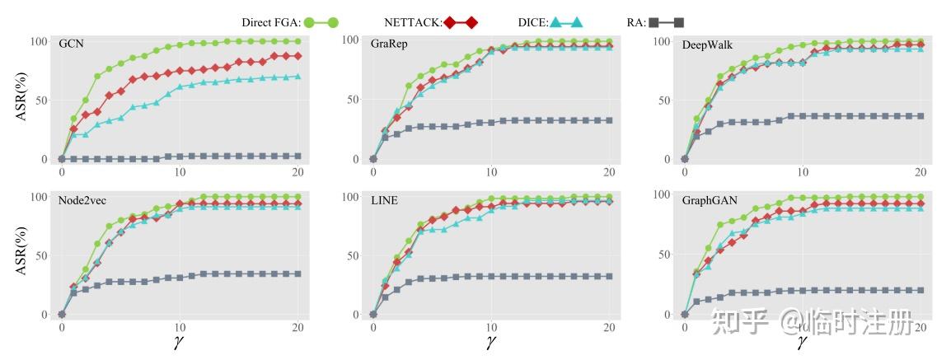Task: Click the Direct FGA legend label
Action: pyautogui.click(x=271, y=22)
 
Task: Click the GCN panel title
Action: pyautogui.click(x=71, y=44)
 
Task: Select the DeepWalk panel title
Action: pyautogui.click(x=707, y=44)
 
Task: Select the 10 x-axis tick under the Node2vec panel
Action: pyautogui.click(x=180, y=328)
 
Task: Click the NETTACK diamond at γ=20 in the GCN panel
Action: pyautogui.click(x=297, y=56)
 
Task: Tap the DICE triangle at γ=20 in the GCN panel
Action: pyautogui.click(x=297, y=77)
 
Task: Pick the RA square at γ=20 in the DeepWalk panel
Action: pyautogui.click(x=921, y=116)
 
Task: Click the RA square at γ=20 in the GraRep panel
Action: pyautogui.click(x=609, y=120)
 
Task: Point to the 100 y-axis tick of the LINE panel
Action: pyautogui.click(x=349, y=197)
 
